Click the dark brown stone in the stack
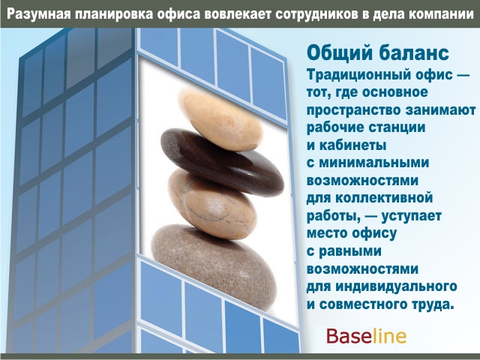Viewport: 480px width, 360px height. (x=222, y=162)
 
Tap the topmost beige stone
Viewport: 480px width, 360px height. (x=220, y=118)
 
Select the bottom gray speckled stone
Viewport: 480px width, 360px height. (x=214, y=267)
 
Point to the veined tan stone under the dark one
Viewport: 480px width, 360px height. (x=212, y=204)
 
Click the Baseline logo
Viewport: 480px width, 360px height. (x=366, y=336)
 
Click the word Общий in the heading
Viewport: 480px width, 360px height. (x=340, y=53)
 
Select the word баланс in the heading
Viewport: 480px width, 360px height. (x=414, y=53)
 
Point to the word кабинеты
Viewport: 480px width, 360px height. (x=352, y=145)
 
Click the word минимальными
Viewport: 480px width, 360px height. (x=374, y=163)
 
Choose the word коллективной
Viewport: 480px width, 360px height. (x=384, y=198)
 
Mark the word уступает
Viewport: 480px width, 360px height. (x=412, y=216)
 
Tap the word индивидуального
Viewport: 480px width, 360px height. (x=397, y=286)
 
